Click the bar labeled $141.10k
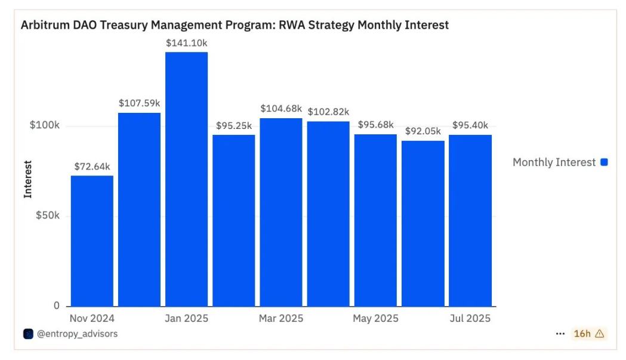pos(186,179)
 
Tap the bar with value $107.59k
pos(139,209)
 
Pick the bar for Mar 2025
pos(281,212)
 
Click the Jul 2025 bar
pos(470,220)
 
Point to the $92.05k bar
pos(423,223)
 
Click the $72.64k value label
pos(93,167)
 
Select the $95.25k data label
pos(233,126)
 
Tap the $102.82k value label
pos(328,112)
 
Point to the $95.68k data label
pos(376,125)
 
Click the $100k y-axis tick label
pos(45,126)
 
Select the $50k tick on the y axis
pos(48,216)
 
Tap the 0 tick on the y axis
pos(57,306)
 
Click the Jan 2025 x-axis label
pos(186,318)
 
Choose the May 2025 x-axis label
pos(375,318)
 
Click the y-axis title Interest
pos(28,179)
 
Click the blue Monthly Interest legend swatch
pos(604,162)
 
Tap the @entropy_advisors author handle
pos(77,334)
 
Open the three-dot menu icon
pos(560,334)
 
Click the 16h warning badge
pos(588,334)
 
